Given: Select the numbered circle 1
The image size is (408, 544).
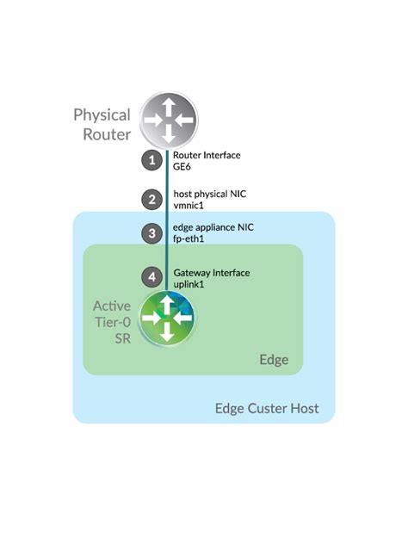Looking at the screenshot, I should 151,160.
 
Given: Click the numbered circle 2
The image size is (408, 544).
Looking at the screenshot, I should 151,200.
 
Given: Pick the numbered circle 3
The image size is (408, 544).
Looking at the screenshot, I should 151,232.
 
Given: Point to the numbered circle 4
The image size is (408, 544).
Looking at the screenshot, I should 151,277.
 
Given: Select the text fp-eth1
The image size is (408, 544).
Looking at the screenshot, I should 189,239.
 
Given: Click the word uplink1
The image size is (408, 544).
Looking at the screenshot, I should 189,284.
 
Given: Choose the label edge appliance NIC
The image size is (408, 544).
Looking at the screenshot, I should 213,227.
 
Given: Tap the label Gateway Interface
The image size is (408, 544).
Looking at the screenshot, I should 211,273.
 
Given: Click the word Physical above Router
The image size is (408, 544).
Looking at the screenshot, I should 102,114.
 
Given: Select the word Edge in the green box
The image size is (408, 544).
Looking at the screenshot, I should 274,359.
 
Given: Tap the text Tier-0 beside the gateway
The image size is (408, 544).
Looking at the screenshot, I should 112,324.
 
